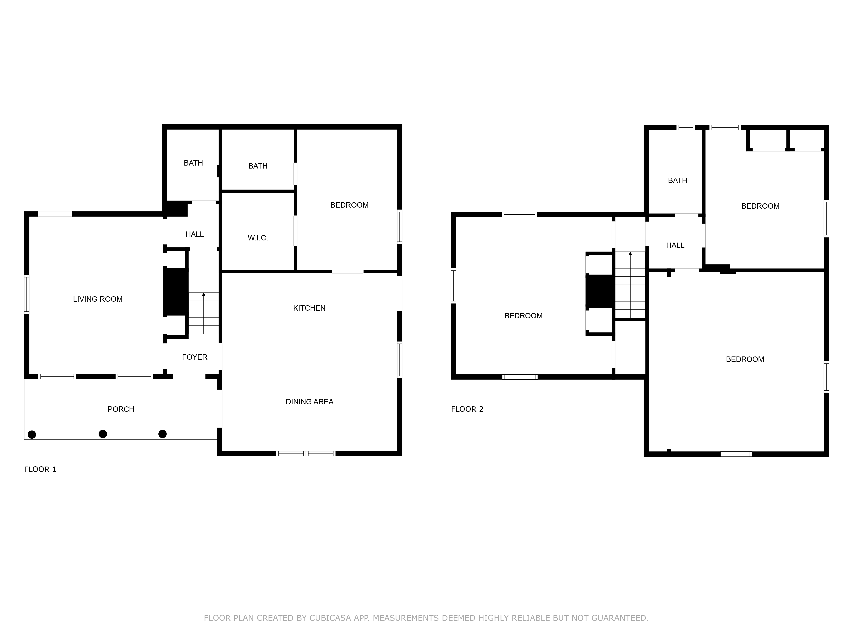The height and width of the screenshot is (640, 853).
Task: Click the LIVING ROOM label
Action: (98, 299)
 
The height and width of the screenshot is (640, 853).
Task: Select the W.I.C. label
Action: (258, 238)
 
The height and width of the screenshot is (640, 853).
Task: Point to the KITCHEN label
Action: (309, 308)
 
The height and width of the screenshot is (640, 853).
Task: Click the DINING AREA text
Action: (309, 401)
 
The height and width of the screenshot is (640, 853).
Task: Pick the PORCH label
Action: (121, 409)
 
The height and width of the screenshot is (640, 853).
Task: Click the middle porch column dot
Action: (103, 434)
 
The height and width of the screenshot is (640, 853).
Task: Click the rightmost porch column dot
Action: (163, 434)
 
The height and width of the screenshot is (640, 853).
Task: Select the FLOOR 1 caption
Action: (40, 469)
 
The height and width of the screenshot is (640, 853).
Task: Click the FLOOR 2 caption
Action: (467, 409)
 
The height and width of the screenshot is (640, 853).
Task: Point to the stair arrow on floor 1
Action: (204, 295)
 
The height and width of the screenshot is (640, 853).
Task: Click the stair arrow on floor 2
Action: (630, 254)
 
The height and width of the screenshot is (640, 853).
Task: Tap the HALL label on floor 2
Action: (675, 245)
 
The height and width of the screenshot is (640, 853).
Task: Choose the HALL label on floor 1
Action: (194, 234)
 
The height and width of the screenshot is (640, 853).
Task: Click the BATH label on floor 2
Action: (677, 180)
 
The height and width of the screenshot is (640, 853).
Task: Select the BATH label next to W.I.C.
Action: (258, 166)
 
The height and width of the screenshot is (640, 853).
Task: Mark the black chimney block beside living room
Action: (176, 292)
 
